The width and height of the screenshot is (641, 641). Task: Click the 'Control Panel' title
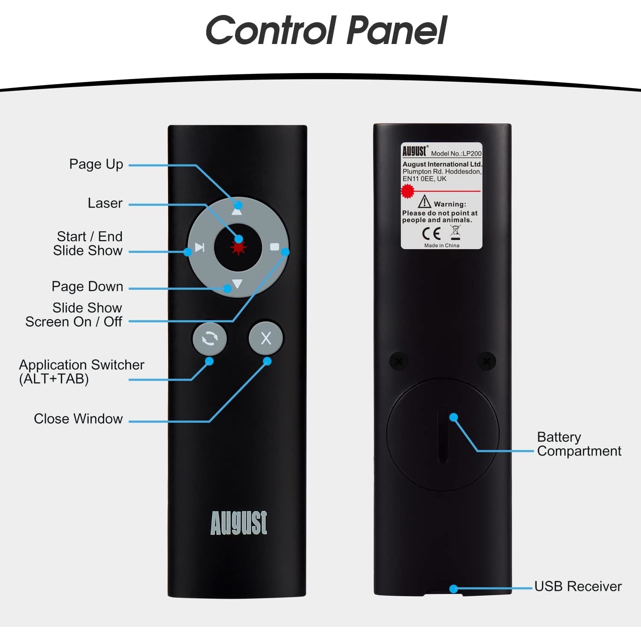pos(326,30)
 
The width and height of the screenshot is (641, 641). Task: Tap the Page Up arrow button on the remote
pos(237,210)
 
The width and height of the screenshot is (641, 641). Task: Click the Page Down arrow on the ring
pos(238,284)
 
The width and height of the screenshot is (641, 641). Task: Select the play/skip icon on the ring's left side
pos(200,247)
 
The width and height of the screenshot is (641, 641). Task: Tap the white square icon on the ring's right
pos(275,247)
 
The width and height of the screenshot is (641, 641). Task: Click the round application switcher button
pos(209,338)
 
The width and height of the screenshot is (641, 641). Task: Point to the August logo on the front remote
pos(239,522)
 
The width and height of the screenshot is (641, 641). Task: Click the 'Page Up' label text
pos(96,164)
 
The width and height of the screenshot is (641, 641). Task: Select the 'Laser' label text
pos(105,203)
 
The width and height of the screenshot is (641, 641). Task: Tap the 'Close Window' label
pos(78,419)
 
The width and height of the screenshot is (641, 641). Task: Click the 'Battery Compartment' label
pos(579,444)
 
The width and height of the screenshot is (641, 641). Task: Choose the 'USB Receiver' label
pos(578,586)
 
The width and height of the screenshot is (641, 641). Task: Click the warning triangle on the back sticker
pos(424,201)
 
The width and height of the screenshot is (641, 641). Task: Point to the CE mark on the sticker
pos(431,233)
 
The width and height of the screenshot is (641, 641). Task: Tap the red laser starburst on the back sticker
pos(408,191)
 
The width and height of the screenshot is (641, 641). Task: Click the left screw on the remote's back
pos(399,362)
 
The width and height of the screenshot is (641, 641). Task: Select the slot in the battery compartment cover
pos(443,434)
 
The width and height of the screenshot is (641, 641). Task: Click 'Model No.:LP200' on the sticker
pos(456,153)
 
